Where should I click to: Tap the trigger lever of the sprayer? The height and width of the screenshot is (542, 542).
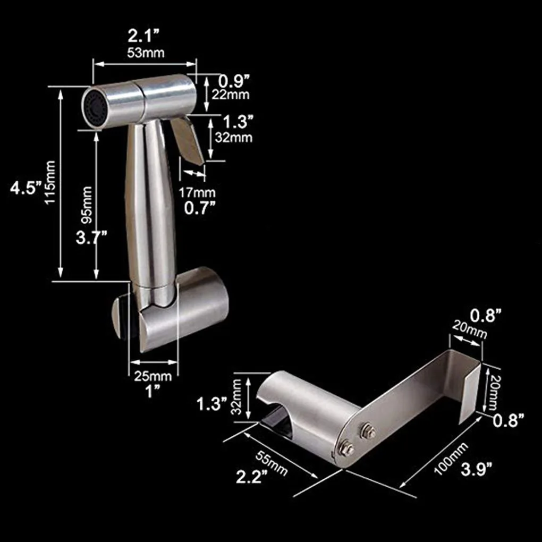click(187, 139)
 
